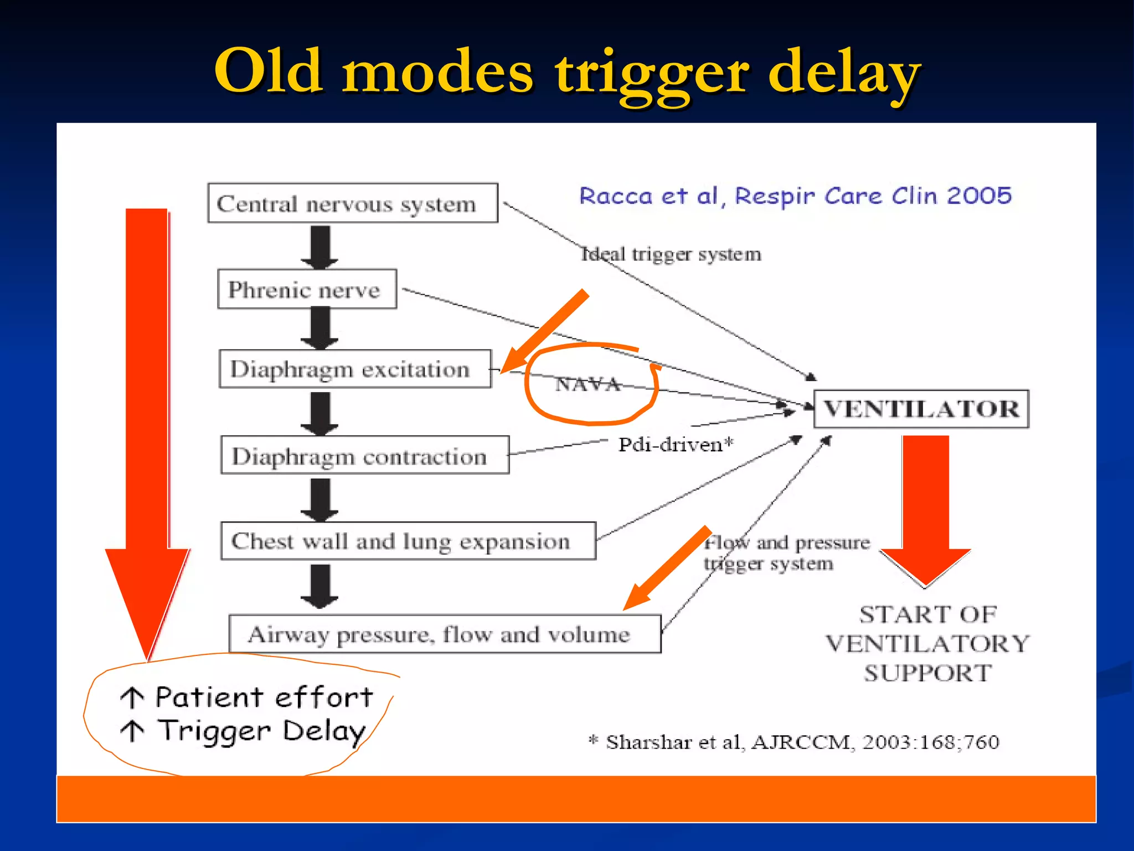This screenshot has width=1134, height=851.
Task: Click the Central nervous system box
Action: tap(352, 203)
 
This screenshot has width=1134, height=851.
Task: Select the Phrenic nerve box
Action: tap(307, 289)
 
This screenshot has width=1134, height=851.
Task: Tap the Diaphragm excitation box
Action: tap(354, 369)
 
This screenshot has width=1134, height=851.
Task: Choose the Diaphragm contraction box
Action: tap(364, 455)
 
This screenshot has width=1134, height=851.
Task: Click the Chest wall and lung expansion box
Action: tap(408, 541)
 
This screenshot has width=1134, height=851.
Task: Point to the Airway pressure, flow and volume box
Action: tap(444, 634)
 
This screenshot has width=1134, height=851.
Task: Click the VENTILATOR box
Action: tap(920, 409)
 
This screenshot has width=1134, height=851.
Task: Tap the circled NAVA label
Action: tap(588, 384)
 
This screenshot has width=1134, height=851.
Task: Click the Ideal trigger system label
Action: tap(671, 254)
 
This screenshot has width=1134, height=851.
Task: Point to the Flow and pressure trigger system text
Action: tap(786, 553)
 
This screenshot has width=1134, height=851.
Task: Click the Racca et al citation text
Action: tap(795, 196)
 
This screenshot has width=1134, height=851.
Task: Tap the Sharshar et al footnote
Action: tap(794, 741)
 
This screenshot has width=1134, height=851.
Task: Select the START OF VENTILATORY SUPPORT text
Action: tap(927, 644)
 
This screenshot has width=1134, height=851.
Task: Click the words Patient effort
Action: tap(264, 697)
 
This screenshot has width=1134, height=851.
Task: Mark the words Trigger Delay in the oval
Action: tap(262, 731)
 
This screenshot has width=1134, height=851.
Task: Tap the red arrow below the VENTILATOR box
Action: tap(925, 504)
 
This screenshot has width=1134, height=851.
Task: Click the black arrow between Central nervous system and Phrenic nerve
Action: tap(319, 246)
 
